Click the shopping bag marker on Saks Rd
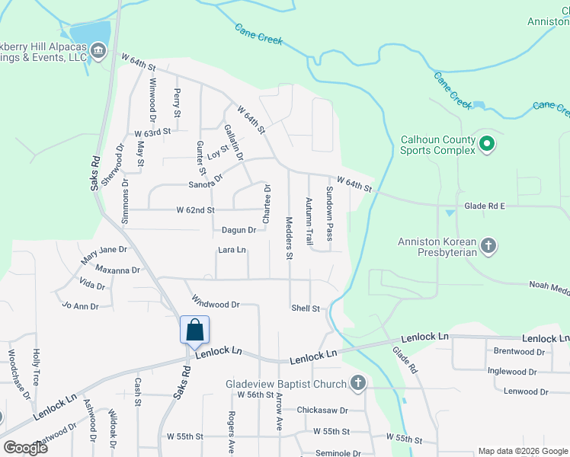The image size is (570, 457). coord(194,330)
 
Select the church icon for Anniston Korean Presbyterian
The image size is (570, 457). coord(488,245)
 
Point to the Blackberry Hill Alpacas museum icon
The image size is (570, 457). coord(98,51)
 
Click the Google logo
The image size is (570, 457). coord(25,447)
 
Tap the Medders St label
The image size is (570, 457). coord(289,239)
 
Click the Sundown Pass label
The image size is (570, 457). coord(329,213)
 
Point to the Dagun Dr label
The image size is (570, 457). coord(238,229)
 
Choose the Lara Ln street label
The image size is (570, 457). coord(232,250)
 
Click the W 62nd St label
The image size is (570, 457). coord(196,209)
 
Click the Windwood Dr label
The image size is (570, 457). coord(216,302)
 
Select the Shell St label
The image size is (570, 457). coord(305,308)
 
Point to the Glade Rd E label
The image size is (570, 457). coord(485,206)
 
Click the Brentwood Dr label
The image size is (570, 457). coord(519,352)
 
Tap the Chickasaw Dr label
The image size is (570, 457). coord(322,410)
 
